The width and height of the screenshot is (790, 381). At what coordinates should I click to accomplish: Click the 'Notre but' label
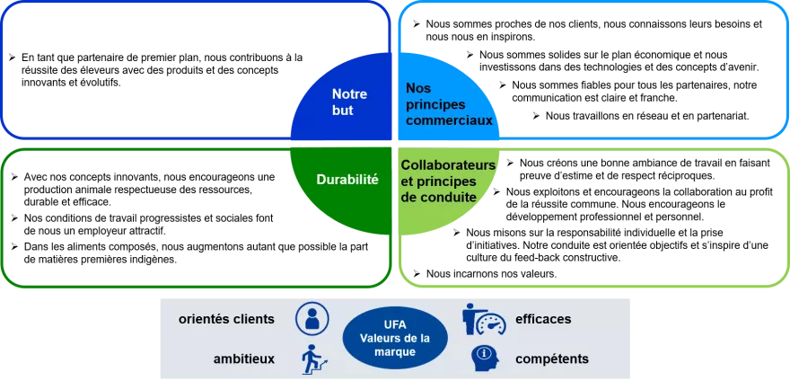click(343, 102)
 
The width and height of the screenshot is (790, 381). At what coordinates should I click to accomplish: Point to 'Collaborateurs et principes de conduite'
click(448, 180)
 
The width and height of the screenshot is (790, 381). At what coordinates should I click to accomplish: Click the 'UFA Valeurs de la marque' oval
click(394, 339)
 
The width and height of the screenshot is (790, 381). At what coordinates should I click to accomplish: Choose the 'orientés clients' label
click(225, 319)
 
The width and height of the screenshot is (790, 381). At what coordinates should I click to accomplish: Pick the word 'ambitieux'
click(244, 359)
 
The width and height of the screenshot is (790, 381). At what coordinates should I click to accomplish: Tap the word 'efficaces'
click(543, 319)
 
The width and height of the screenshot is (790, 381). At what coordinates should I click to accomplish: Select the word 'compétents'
click(552, 359)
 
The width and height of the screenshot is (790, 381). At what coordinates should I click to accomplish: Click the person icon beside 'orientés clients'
click(312, 318)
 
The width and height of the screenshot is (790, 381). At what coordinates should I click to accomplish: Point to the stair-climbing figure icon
click(312, 359)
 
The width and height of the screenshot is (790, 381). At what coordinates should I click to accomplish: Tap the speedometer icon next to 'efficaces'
click(485, 320)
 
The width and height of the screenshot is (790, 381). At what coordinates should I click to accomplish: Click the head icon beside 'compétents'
click(485, 359)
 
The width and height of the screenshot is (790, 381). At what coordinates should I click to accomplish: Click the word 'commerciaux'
click(449, 120)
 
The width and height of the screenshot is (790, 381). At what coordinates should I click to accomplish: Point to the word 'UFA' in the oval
click(394, 324)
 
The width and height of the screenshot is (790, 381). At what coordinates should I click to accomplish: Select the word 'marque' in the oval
click(394, 351)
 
